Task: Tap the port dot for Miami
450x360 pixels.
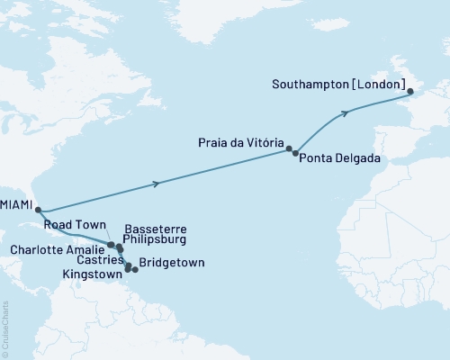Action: [x=37, y=205]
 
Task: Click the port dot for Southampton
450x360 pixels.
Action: [x=409, y=92]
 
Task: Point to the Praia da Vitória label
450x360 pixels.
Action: [x=240, y=143]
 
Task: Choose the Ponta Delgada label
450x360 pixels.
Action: [x=341, y=158]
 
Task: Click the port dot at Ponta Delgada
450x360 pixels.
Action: [x=296, y=154]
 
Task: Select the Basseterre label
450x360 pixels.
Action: [x=155, y=229]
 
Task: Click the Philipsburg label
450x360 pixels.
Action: [x=159, y=240]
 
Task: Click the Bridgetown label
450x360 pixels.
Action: [x=172, y=263]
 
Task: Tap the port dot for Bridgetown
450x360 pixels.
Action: [x=135, y=268]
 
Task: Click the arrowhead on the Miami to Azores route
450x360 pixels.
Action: [x=158, y=184]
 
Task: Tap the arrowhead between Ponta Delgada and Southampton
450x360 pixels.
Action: [x=345, y=113]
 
